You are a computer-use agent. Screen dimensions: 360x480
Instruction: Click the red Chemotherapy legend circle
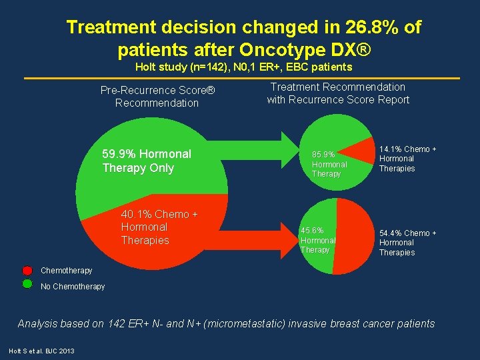pos(27,270)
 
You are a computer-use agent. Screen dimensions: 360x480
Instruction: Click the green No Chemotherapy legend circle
pos(27,284)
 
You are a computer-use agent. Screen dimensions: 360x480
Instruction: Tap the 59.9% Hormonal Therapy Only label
pos(147,161)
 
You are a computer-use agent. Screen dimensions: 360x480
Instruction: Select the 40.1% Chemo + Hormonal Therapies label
pos(155,227)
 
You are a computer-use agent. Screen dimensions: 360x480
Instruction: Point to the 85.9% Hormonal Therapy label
pos(329,164)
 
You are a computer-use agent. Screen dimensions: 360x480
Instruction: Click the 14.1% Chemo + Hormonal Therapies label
pos(407,159)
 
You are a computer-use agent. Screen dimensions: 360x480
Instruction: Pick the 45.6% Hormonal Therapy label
pos(318,240)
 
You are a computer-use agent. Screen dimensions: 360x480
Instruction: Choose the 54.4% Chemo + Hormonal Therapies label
pos(407,243)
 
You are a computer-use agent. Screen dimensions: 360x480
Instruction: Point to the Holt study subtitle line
pos(243,67)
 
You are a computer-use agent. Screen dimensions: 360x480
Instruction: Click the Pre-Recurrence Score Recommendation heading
pos(157,97)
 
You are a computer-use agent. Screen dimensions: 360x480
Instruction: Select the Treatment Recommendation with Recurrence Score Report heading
pos(338,93)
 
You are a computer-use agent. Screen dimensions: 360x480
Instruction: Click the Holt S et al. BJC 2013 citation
pos(41,351)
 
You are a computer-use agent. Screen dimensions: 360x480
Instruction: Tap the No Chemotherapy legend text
pos(73,287)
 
